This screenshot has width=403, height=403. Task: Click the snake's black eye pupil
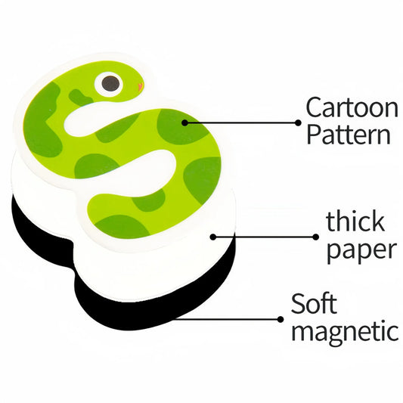pyautogui.click(x=111, y=84)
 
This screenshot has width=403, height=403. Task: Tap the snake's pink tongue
pyautogui.click(x=141, y=87)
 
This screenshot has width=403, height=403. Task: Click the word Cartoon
pyautogui.click(x=352, y=107)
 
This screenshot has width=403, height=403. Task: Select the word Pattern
pyautogui.click(x=349, y=134)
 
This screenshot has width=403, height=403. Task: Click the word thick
pyautogui.click(x=355, y=222)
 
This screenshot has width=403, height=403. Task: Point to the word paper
pyautogui.click(x=361, y=249)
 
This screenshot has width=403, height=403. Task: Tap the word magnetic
pyautogui.click(x=346, y=331)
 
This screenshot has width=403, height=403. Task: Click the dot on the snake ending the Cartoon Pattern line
pyautogui.click(x=184, y=122)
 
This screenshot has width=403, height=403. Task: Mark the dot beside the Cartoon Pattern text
pyautogui.click(x=298, y=122)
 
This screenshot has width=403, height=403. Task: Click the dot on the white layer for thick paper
pyautogui.click(x=213, y=237)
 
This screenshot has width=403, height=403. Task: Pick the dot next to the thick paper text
pyautogui.click(x=316, y=237)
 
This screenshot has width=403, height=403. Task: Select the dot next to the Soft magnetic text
pyautogui.click(x=281, y=320)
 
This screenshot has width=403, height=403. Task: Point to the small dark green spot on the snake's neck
pyautogui.click(x=79, y=95)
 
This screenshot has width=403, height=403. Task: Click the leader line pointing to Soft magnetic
pyautogui.click(x=226, y=320)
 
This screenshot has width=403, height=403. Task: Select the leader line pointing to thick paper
pyautogui.click(x=265, y=237)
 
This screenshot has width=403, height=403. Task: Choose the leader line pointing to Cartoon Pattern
pyautogui.click(x=241, y=122)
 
